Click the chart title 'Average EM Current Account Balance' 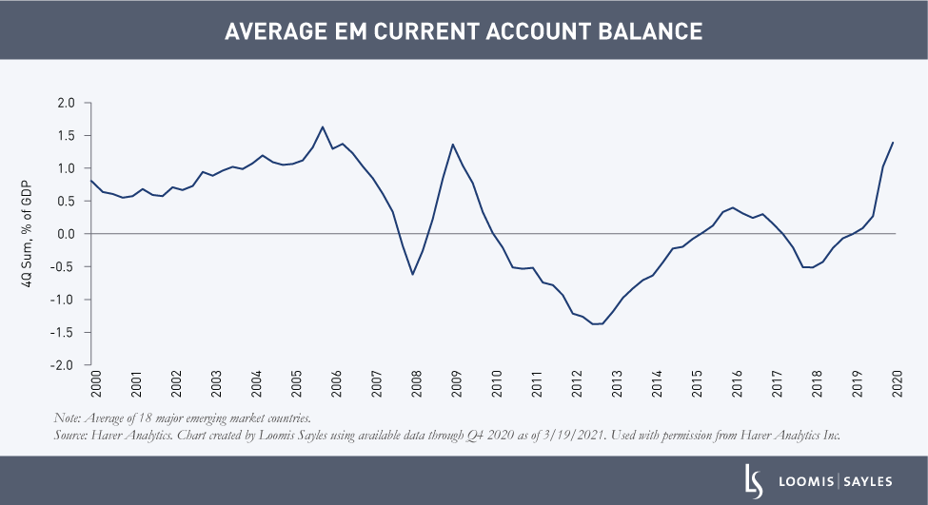tap(464, 31)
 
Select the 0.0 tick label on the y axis tap(66, 234)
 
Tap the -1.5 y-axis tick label tap(64, 333)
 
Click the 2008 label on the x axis tap(415, 383)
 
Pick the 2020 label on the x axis tap(896, 383)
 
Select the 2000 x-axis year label tap(95, 383)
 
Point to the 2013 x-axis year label tap(616, 383)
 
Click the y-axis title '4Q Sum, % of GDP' tap(30, 234)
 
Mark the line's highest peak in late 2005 tap(322, 126)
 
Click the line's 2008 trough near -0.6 tap(412, 275)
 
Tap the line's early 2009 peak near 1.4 tap(452, 145)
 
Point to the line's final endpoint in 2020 tap(893, 143)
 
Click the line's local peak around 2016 tap(732, 207)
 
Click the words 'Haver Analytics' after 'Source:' tap(128, 435)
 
